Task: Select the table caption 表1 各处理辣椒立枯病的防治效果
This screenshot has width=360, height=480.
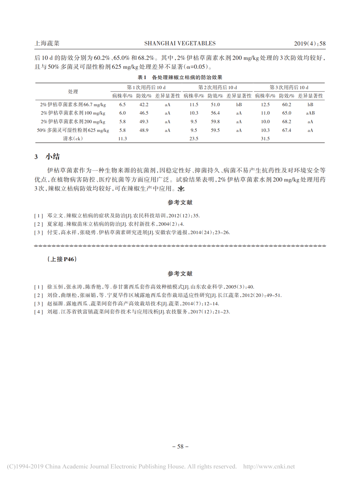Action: [x=180, y=77]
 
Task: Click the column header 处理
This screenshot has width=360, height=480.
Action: [x=73, y=92]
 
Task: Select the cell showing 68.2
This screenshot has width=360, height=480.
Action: [x=287, y=122]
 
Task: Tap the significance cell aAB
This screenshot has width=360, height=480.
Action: [x=310, y=113]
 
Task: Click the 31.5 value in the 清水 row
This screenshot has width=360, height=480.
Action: [x=265, y=138]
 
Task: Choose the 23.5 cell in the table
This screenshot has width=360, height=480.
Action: [x=194, y=138]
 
